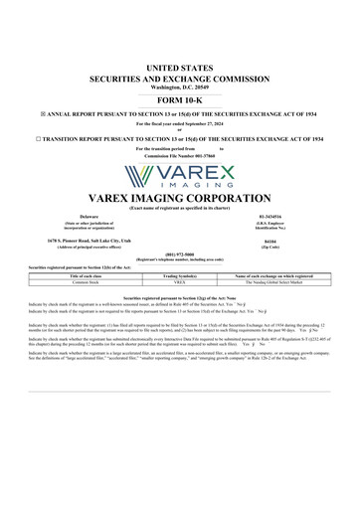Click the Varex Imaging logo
pos(180,178)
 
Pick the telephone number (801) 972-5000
pos(180,253)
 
